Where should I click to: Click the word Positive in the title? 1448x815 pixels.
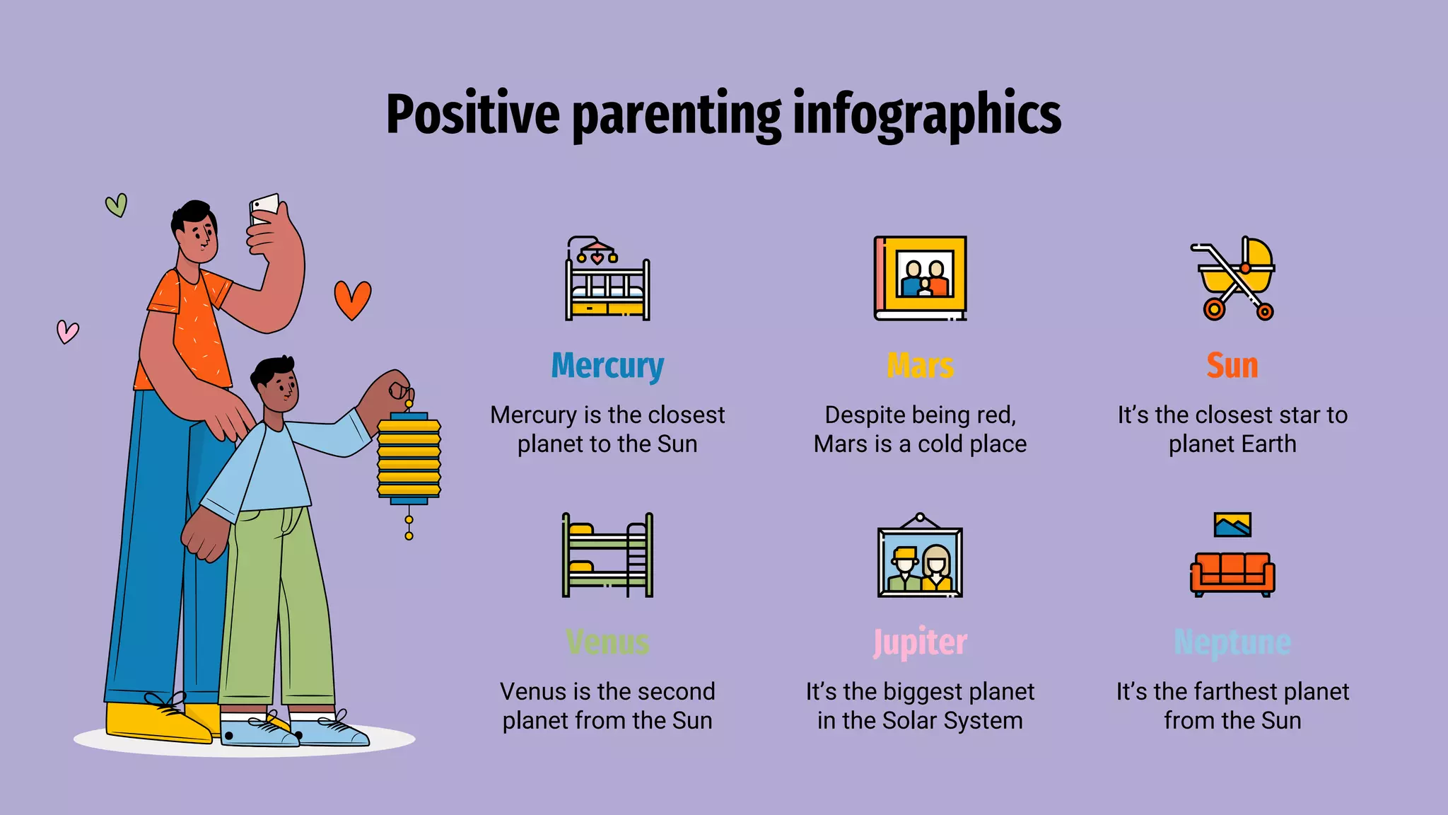pos(473,115)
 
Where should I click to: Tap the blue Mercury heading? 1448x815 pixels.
pos(607,366)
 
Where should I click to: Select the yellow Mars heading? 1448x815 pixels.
pos(920,366)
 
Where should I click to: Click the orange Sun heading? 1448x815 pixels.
pos(1232,366)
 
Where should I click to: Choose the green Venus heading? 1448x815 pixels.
pos(607,642)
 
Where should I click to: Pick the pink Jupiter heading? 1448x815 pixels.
pos(920,642)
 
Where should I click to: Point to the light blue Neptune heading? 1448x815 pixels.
pos(1232,642)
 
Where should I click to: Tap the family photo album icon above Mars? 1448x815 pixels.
pos(920,278)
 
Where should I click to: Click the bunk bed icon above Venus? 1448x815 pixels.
pos(607,555)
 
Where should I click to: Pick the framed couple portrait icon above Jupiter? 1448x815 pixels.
pos(920,557)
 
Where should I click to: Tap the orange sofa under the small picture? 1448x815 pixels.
pos(1232,574)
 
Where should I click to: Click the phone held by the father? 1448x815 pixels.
pos(264,208)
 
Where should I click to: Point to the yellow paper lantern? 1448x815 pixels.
pos(409,458)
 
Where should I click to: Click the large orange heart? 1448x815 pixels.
pos(352,299)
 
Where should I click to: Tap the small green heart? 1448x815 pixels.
pos(117,205)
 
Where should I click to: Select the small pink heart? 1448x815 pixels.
pos(68,331)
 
